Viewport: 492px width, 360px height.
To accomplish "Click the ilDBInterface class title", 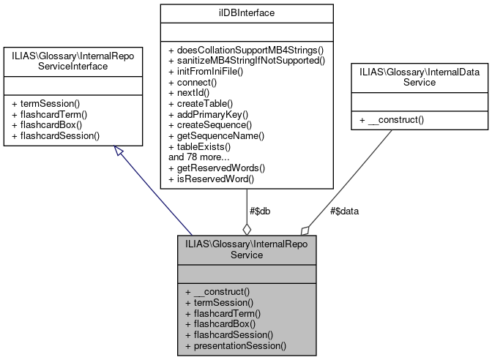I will point(246,12).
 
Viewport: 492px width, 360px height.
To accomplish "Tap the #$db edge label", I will point(261,211).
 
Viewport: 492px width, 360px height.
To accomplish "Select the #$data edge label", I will point(344,211).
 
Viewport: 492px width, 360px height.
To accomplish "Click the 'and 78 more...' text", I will point(201,156).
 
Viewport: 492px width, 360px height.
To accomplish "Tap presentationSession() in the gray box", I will point(236,344).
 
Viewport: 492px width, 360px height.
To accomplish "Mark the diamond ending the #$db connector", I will point(247,228).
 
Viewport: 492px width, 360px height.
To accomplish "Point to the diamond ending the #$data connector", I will point(305,229).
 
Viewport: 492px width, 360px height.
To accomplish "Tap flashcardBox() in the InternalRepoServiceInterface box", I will point(48,125).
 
